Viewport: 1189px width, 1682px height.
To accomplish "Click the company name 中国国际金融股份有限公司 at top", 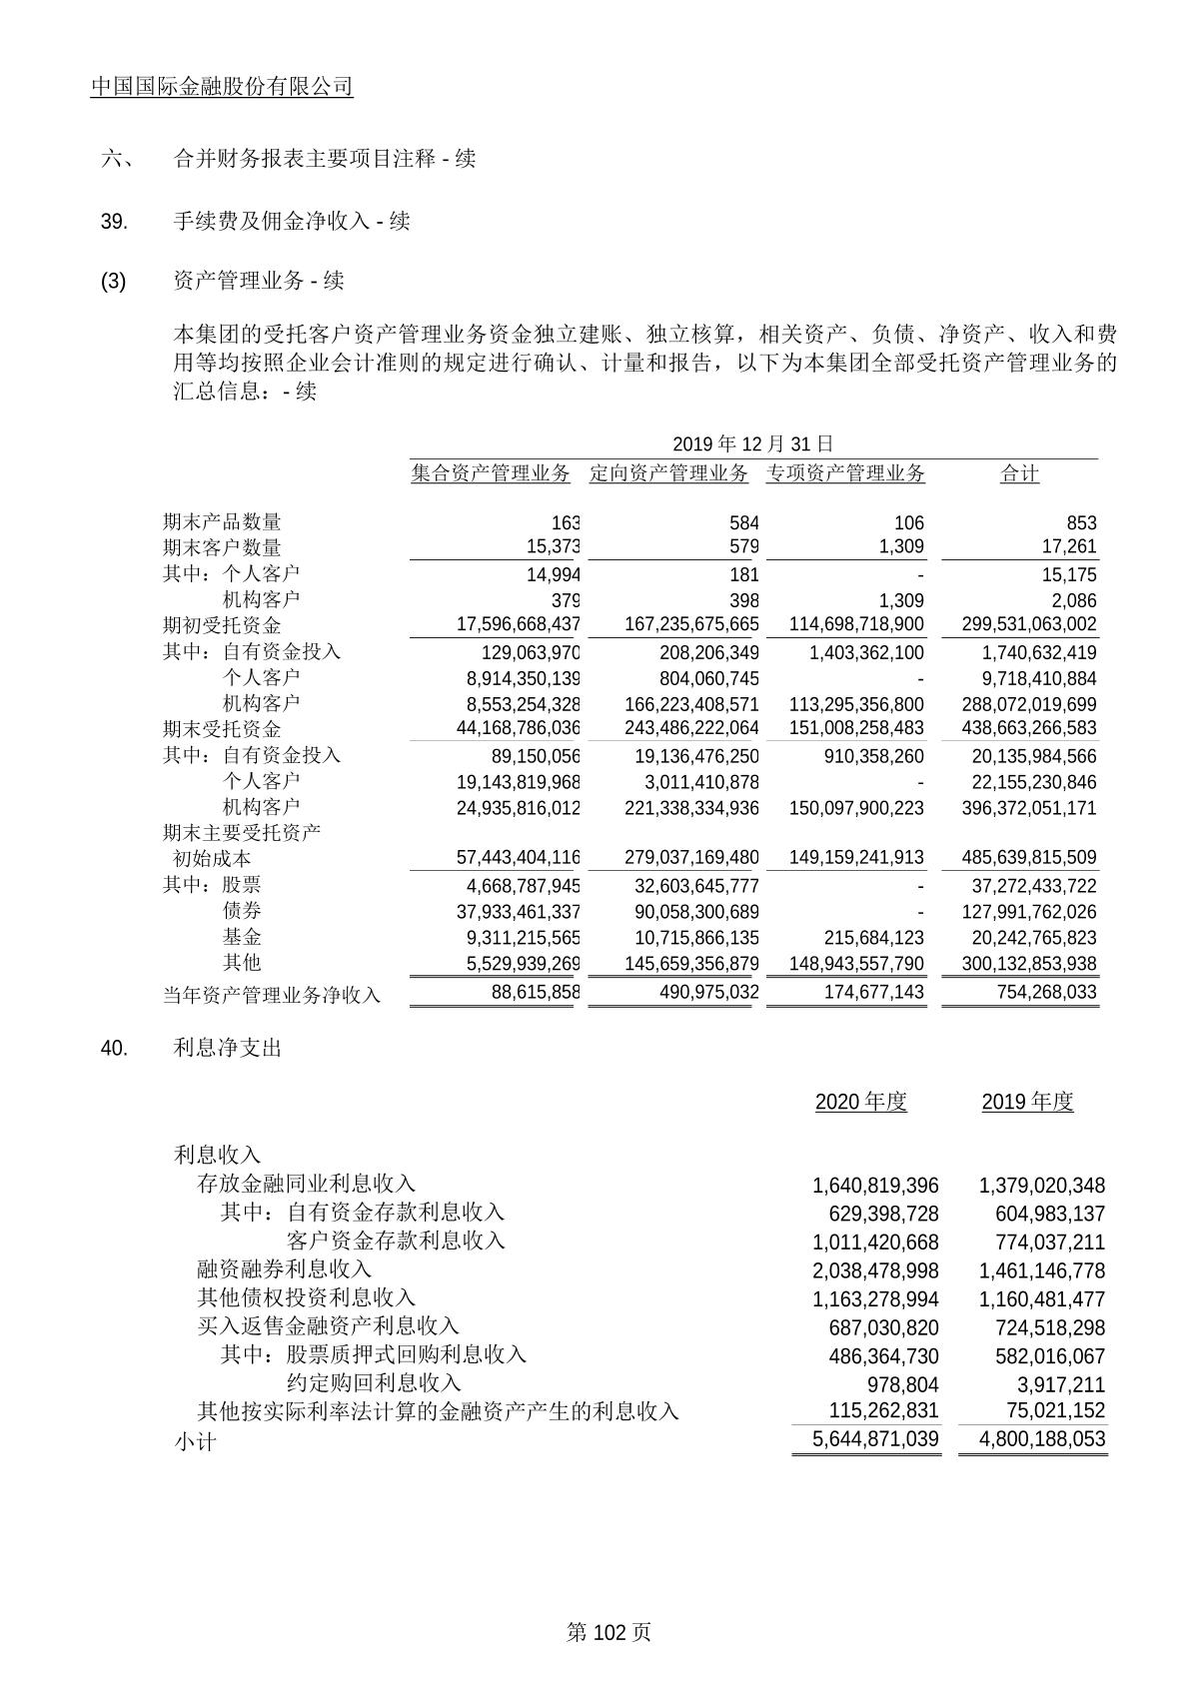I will (222, 87).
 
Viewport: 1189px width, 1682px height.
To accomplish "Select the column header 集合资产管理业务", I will (491, 473).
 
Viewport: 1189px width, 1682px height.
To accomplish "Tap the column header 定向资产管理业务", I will (668, 473).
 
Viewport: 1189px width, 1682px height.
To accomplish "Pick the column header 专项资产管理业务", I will (845, 473).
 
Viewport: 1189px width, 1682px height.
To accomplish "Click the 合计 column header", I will (1019, 473).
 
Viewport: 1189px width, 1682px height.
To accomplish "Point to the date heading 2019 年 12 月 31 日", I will (752, 444).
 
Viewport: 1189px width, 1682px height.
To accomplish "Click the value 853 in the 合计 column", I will (1081, 522).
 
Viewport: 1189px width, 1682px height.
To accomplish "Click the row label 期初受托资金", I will (222, 625).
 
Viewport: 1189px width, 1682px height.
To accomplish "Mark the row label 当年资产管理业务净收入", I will (272, 995).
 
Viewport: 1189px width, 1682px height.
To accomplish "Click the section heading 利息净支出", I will (228, 1048).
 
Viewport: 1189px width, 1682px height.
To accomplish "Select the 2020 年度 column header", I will (860, 1102).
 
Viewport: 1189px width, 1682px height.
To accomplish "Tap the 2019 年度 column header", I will (1027, 1102).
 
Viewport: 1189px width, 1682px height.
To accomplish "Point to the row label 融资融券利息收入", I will (285, 1269).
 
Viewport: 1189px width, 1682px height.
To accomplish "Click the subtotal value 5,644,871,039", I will (865, 1439).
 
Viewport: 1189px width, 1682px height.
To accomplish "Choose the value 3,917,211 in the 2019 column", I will (1060, 1384).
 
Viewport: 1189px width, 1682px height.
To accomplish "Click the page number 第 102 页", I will (608, 1632).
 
